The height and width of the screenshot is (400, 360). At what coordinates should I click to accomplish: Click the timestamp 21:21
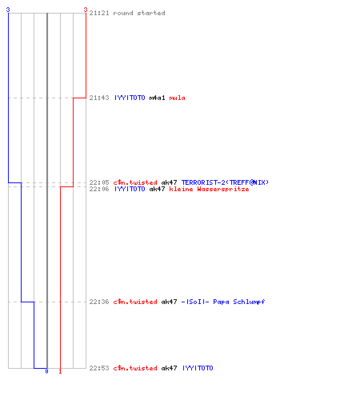99,13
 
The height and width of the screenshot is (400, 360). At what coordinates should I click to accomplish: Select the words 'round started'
139,13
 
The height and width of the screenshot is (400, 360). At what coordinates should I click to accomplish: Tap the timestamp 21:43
99,98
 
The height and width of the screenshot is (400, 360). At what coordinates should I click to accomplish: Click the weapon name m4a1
157,98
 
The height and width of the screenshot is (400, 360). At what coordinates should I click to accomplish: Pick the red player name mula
177,98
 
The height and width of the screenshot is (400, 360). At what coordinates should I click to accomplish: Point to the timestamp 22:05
99,182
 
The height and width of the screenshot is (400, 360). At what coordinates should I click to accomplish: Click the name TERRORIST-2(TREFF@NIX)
225,182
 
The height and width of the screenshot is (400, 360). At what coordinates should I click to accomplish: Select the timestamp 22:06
99,189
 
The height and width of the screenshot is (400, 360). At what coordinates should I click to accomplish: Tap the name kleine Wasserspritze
209,189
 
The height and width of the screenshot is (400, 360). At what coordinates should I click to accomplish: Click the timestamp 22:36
99,302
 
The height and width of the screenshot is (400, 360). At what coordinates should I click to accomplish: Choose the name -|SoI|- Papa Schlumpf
223,302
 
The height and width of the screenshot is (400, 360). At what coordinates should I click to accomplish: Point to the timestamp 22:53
99,368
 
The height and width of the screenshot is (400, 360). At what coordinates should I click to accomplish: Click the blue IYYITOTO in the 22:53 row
198,368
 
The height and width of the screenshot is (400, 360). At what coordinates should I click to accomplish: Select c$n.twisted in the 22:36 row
135,302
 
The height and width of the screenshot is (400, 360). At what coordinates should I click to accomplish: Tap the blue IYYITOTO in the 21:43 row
130,98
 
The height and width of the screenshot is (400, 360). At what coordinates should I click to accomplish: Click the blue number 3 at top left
8,10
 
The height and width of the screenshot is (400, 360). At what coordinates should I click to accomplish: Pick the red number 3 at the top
86,10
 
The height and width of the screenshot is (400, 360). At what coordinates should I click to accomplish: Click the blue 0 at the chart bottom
46,371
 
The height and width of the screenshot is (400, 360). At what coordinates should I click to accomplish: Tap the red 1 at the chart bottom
60,371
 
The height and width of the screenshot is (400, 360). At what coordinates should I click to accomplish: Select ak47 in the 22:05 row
169,182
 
